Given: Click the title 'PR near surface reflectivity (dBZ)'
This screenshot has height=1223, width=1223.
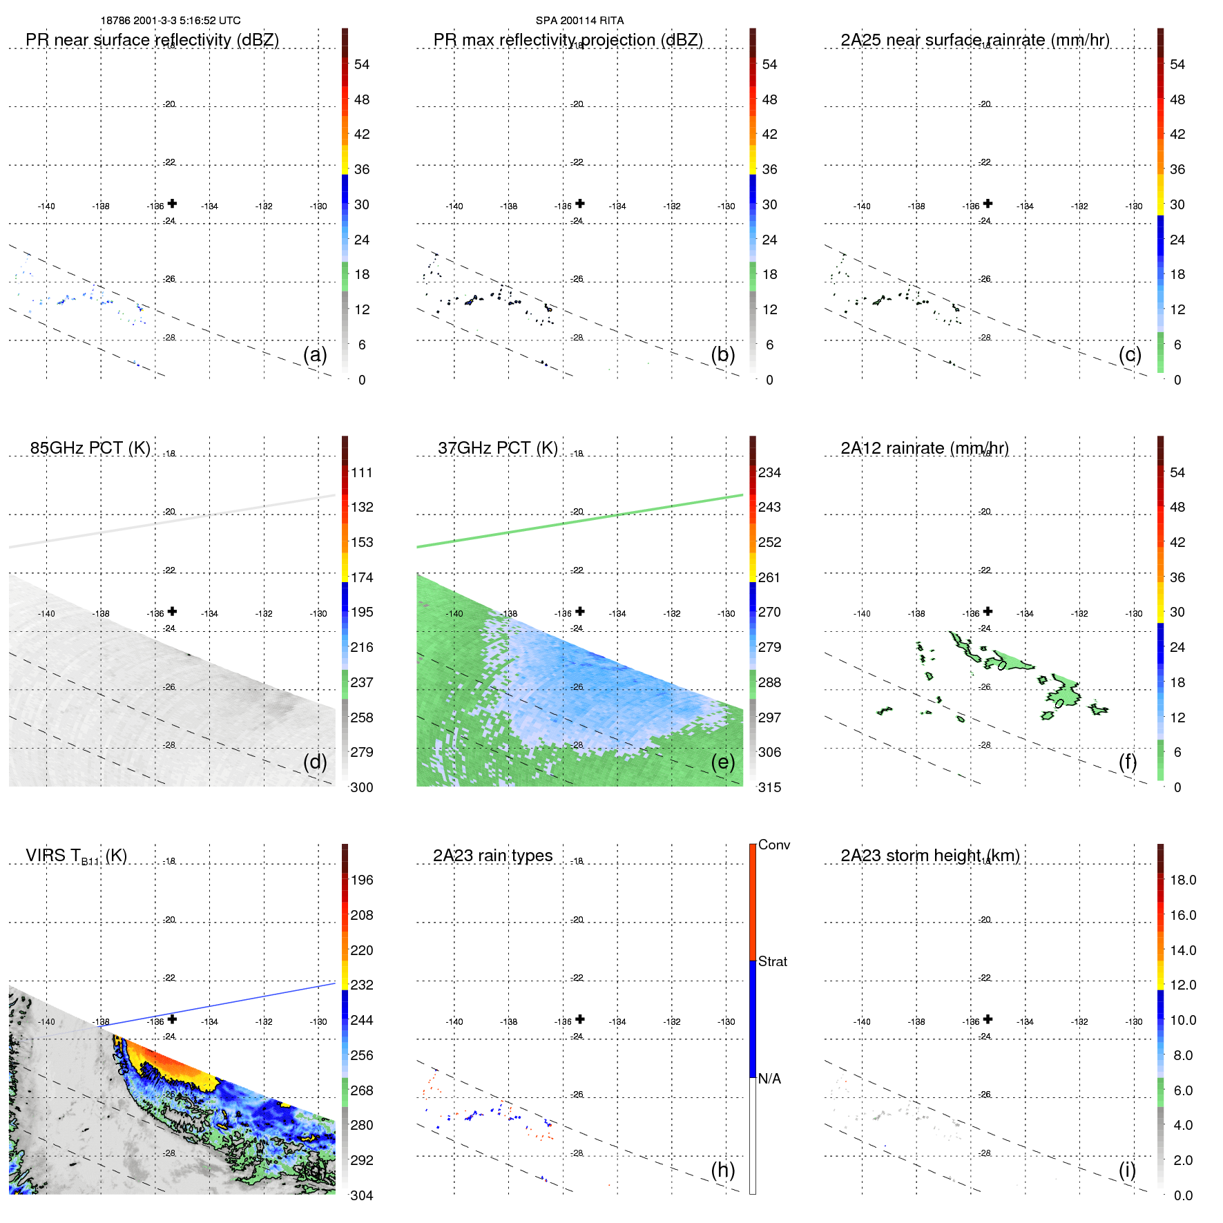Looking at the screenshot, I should pyautogui.click(x=152, y=40).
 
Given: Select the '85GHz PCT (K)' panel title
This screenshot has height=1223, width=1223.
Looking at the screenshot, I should pyautogui.click(x=90, y=448).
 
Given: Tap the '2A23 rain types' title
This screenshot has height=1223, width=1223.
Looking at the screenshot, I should pyautogui.click(x=492, y=856).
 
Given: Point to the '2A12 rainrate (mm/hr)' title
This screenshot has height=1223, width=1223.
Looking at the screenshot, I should pyautogui.click(x=925, y=448).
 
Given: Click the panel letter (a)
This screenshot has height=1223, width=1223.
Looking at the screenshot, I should pyautogui.click(x=315, y=354).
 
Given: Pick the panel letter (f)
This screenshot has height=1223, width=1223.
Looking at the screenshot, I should pyautogui.click(x=1128, y=762).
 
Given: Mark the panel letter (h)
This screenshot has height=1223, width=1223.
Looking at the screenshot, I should pyautogui.click(x=722, y=1170).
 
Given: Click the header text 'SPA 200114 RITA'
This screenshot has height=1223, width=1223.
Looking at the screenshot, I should pyautogui.click(x=579, y=21).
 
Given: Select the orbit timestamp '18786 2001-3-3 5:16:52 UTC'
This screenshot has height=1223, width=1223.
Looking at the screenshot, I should pyautogui.click(x=171, y=21).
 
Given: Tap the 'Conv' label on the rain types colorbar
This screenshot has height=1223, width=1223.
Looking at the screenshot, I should pyautogui.click(x=773, y=845).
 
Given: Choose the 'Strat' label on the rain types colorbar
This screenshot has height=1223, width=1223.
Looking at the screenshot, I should pyautogui.click(x=772, y=961).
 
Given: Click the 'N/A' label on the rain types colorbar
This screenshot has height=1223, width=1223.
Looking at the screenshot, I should pyautogui.click(x=769, y=1079).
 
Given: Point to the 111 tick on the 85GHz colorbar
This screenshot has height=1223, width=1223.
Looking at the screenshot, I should pyautogui.click(x=362, y=472).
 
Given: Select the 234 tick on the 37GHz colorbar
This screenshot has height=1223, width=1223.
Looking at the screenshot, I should pyautogui.click(x=769, y=472).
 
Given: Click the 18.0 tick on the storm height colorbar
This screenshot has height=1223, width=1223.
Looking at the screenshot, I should pyautogui.click(x=1182, y=880).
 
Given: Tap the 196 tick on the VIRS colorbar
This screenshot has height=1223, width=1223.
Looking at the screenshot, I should pyautogui.click(x=362, y=880).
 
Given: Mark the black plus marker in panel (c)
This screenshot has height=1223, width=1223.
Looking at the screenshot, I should pyautogui.click(x=988, y=204).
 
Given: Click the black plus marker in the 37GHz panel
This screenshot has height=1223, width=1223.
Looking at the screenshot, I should pyautogui.click(x=580, y=611).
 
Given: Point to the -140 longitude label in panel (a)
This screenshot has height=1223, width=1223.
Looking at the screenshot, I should pyautogui.click(x=46, y=206).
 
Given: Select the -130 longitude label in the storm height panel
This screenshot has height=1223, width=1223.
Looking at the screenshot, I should pyautogui.click(x=1134, y=1022).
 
